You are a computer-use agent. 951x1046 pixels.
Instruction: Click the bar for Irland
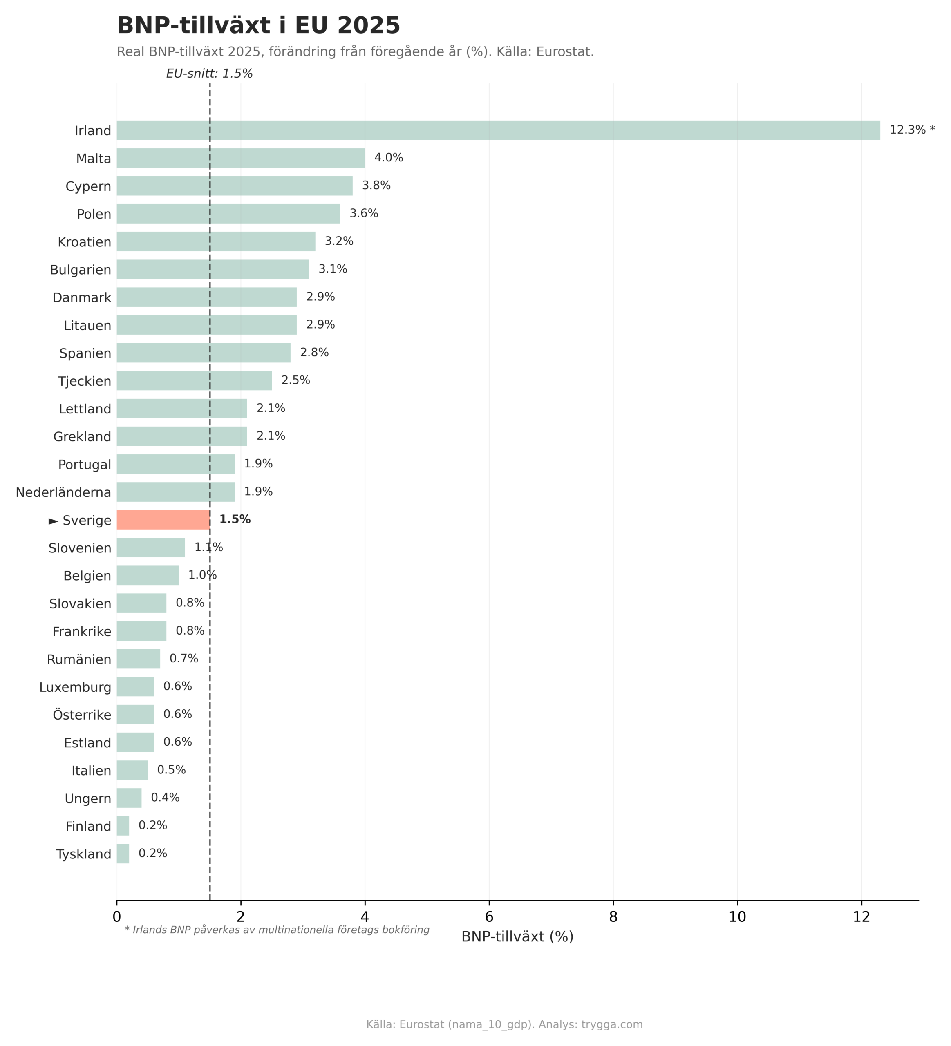pos(498,130)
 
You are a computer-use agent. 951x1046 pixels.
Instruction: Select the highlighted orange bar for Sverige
pos(163,519)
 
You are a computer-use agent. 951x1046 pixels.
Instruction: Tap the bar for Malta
pos(241,158)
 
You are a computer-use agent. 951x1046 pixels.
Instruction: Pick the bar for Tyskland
pos(123,854)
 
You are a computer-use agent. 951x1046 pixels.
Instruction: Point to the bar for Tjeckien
pos(194,380)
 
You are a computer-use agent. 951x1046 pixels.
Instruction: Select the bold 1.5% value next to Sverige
pos(235,519)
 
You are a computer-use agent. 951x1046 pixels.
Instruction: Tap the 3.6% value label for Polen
pos(364,213)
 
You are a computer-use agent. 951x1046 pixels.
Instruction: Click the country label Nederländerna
pos(63,492)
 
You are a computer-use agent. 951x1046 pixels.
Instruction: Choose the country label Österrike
pos(82,715)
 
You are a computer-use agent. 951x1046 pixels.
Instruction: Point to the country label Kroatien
pos(85,242)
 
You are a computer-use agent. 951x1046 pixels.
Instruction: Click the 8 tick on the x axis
pos(613,917)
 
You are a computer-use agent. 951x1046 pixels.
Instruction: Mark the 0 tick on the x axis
pos(117,917)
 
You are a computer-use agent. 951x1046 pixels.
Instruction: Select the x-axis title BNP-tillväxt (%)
pos(517,937)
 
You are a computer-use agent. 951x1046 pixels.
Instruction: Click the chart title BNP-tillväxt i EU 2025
pos(258,25)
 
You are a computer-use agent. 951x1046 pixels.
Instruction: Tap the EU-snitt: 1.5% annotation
pos(209,74)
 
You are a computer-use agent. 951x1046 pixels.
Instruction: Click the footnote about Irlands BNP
pos(277,930)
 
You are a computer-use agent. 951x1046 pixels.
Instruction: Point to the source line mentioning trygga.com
pos(504,1025)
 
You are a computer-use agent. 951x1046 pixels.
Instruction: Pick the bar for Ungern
pos(129,798)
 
